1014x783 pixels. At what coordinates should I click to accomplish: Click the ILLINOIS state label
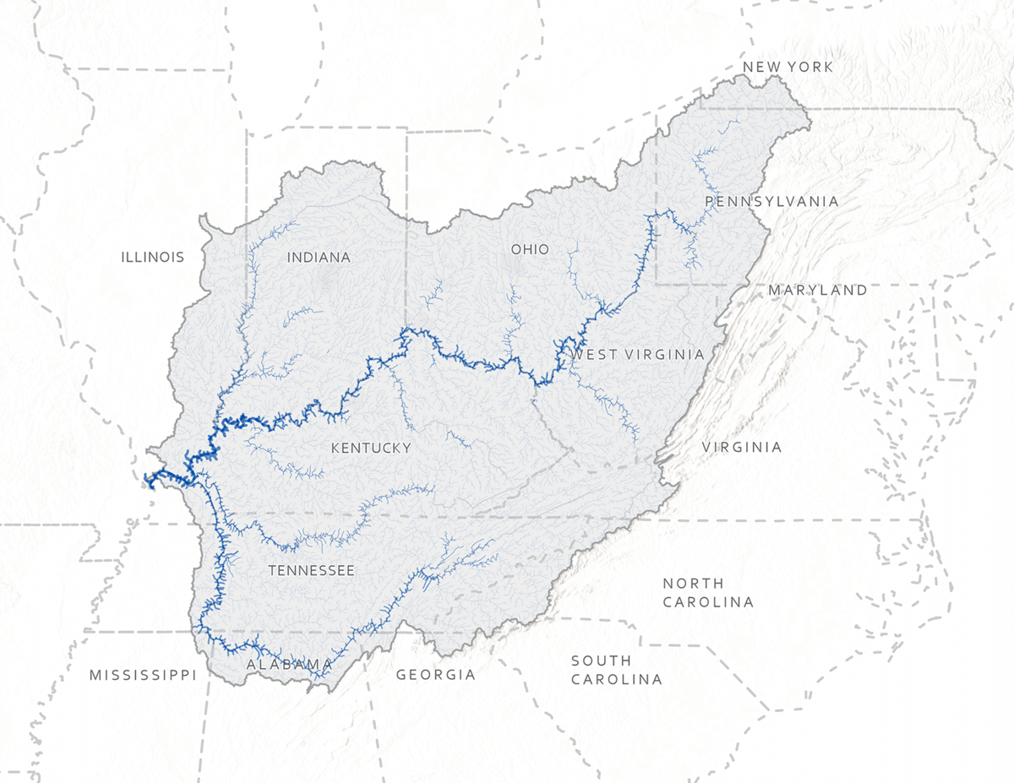[x=152, y=257]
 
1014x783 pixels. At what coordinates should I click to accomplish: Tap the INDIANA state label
[x=319, y=257]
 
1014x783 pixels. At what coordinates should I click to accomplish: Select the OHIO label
[x=530, y=249]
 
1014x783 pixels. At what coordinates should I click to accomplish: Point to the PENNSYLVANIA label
[x=771, y=201]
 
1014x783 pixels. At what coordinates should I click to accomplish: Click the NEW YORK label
[x=788, y=67]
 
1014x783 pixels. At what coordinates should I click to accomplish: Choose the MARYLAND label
[x=817, y=290]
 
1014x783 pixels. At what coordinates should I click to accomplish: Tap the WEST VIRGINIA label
[x=638, y=354]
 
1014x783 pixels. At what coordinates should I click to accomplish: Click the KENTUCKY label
[x=371, y=448]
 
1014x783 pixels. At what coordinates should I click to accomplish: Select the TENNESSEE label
[x=311, y=570]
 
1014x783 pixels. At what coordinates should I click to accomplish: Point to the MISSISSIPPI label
[x=143, y=675]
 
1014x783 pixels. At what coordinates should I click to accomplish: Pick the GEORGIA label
[x=435, y=675]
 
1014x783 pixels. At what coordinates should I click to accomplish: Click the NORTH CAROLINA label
[x=707, y=592]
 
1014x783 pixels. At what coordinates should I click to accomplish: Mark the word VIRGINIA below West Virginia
[x=742, y=447]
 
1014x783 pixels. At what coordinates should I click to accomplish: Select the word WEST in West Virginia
[x=591, y=354]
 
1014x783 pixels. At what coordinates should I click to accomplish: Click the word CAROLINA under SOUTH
[x=616, y=679]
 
